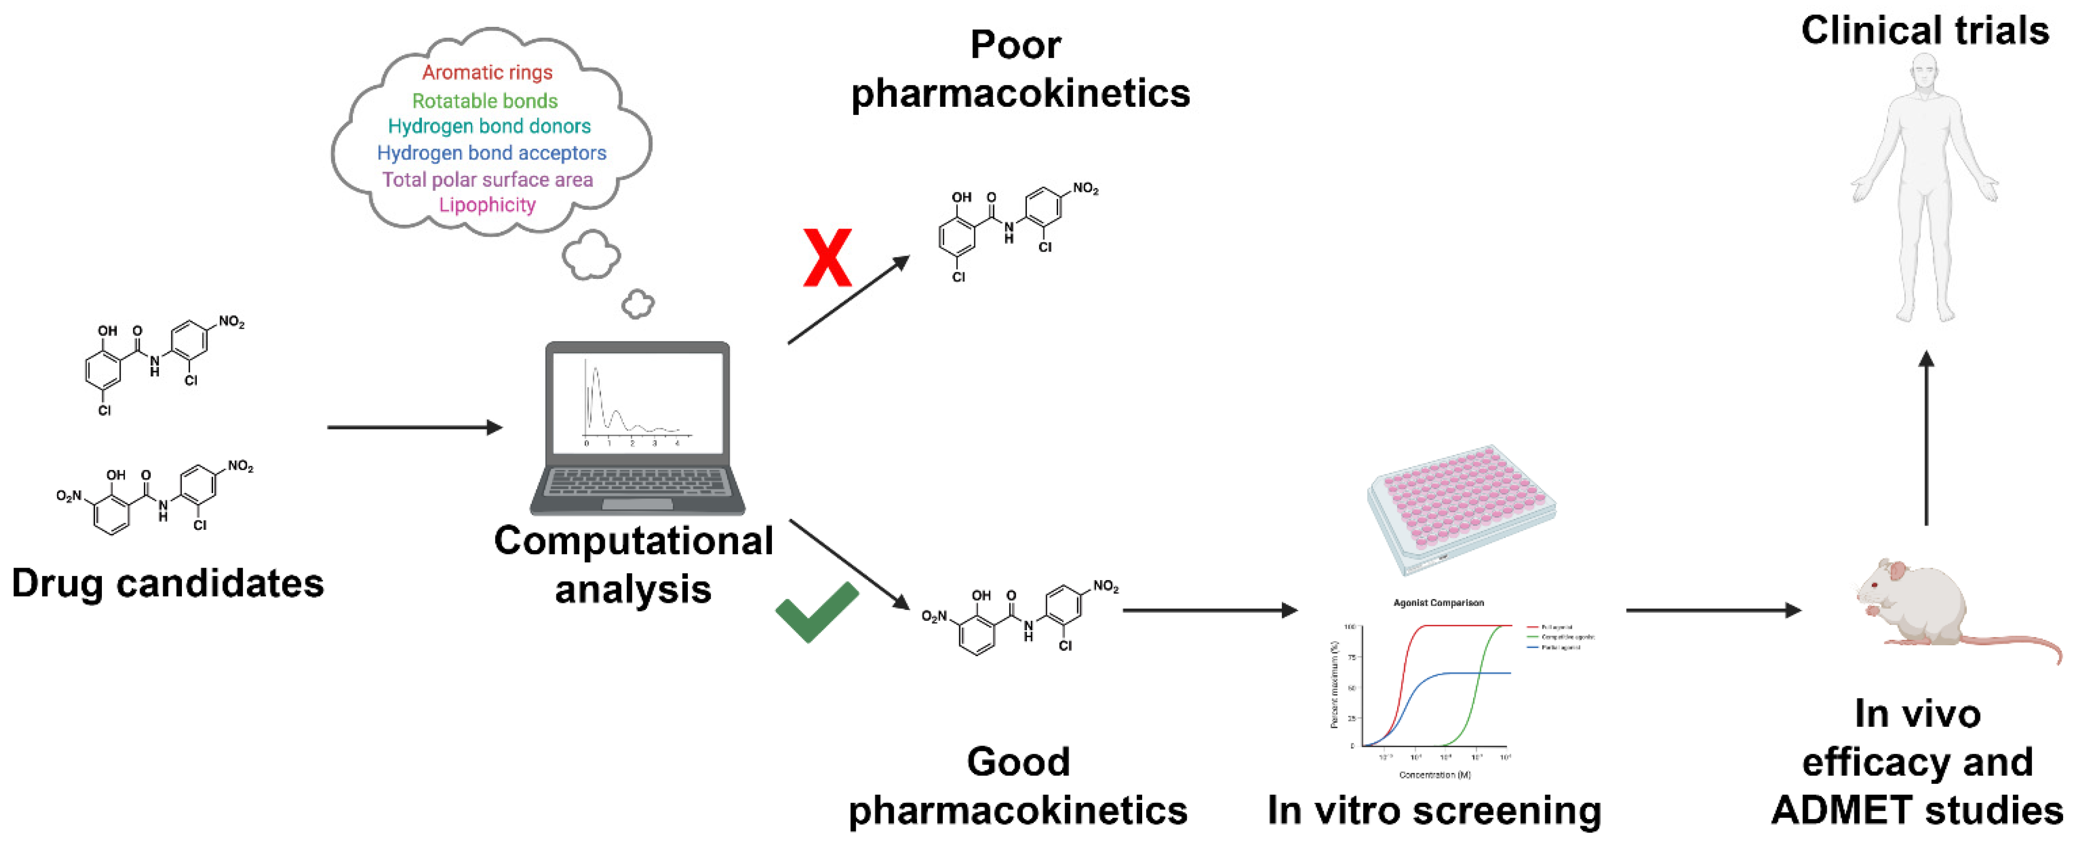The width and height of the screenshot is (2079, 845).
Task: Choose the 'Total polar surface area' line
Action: coord(488,179)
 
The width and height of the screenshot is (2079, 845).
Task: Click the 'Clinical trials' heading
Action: coord(1925,31)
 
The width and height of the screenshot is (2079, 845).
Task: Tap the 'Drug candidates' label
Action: coord(168,583)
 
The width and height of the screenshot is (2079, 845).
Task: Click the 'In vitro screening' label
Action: coord(1434,810)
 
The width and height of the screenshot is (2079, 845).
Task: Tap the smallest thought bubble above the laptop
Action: coord(638,304)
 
